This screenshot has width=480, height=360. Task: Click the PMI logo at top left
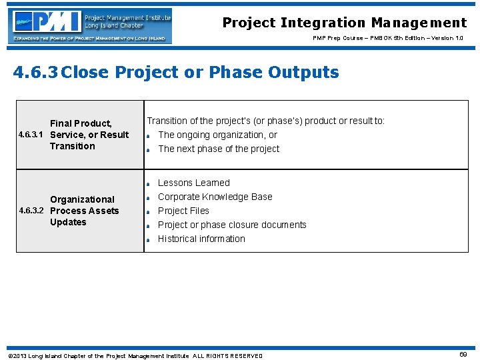pyautogui.click(x=89, y=26)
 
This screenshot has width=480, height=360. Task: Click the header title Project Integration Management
pyautogui.click(x=344, y=23)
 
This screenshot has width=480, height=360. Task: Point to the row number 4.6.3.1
pyautogui.click(x=32, y=135)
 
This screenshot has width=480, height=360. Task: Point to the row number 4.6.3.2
pyautogui.click(x=32, y=211)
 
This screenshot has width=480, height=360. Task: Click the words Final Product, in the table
pyautogui.click(x=81, y=123)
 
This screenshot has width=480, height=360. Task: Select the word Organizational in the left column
pyautogui.click(x=82, y=199)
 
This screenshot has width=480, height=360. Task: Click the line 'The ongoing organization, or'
pyautogui.click(x=217, y=135)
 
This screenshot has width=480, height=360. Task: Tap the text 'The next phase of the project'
pyautogui.click(x=219, y=149)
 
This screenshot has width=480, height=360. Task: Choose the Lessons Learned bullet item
pyautogui.click(x=193, y=183)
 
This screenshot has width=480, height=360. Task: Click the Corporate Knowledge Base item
pyautogui.click(x=215, y=197)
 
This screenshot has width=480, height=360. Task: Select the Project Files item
pyautogui.click(x=183, y=211)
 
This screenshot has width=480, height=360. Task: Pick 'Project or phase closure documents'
pyautogui.click(x=232, y=225)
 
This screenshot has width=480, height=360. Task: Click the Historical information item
pyautogui.click(x=201, y=239)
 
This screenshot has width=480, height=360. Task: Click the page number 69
pyautogui.click(x=463, y=355)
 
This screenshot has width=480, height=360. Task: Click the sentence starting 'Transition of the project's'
pyautogui.click(x=265, y=121)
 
